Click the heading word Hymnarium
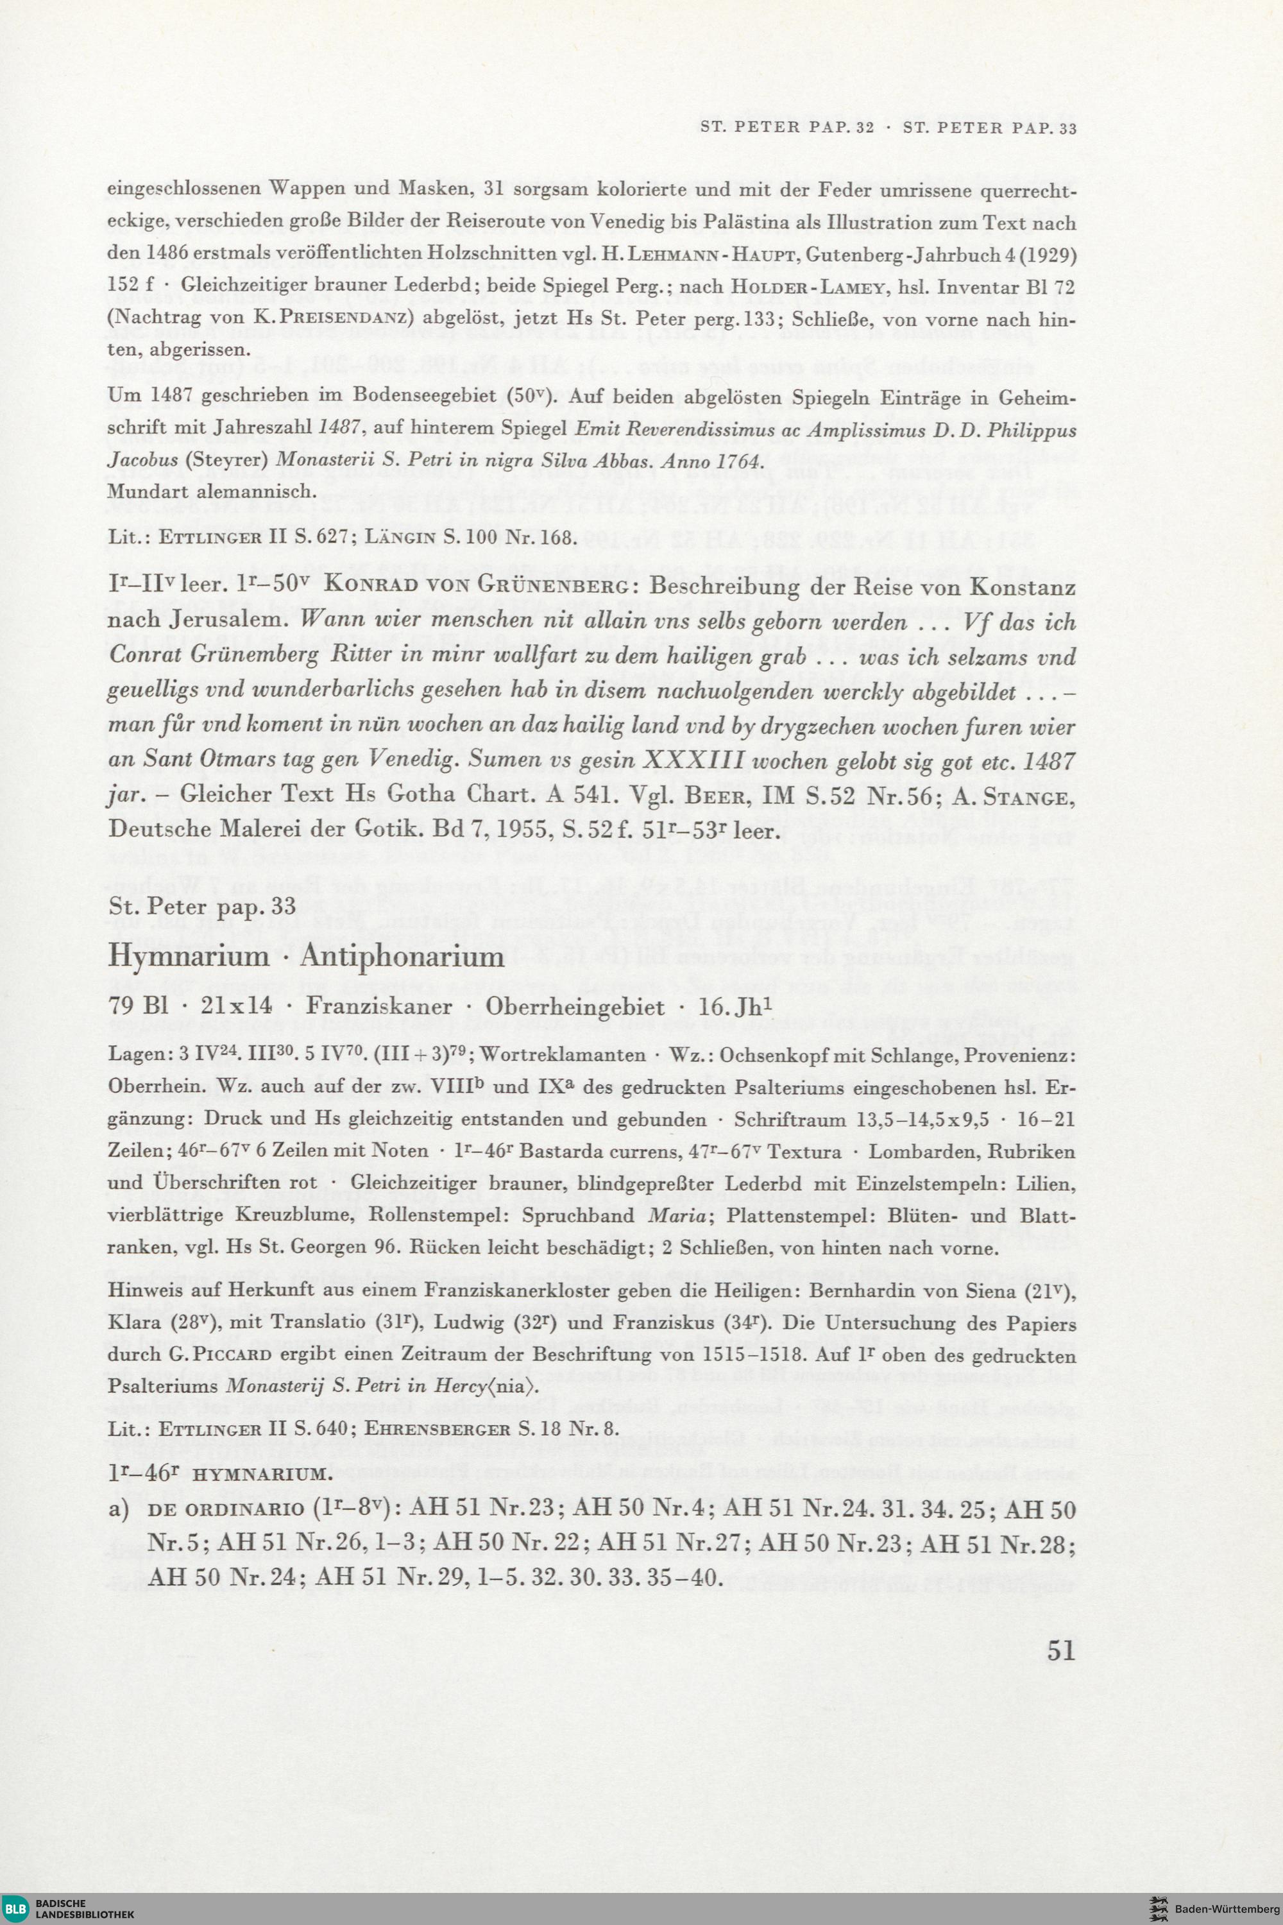coord(188,956)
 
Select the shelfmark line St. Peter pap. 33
coord(201,906)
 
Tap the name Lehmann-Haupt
coord(704,255)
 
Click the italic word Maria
coord(676,1215)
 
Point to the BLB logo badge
coord(17,1910)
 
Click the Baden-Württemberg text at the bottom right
coord(1226,1910)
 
